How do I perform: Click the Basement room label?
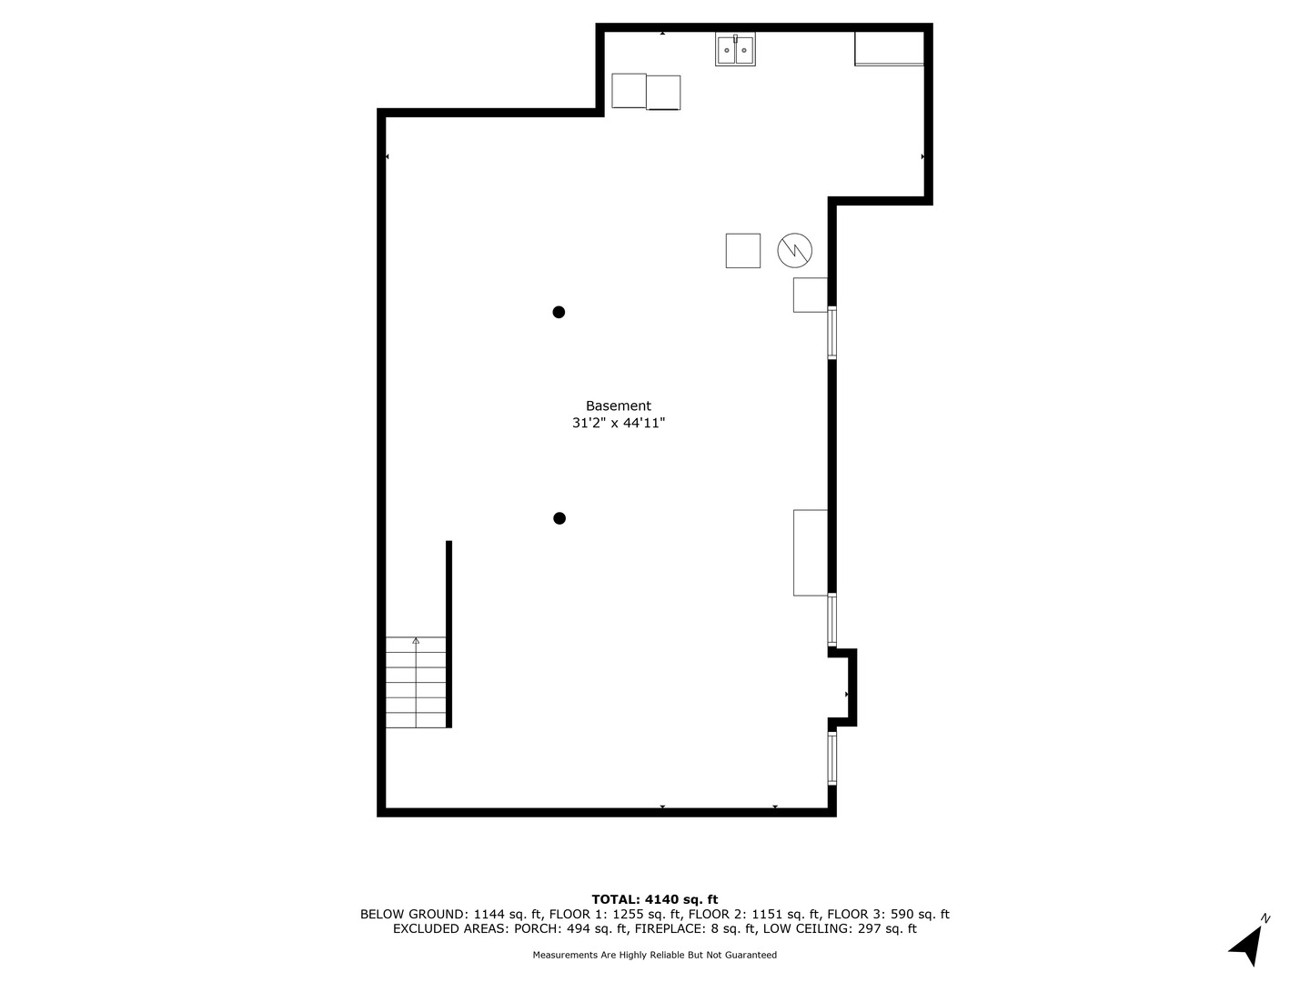coord(618,406)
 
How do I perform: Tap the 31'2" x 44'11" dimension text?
coord(618,423)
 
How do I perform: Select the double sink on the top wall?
coord(735,50)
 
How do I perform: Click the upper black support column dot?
coord(559,312)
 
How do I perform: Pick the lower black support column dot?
coord(559,518)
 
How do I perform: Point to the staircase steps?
coord(417,682)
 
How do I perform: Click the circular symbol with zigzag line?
coord(795,250)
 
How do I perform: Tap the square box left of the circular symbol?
coord(742,251)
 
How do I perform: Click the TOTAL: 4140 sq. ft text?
coord(654,900)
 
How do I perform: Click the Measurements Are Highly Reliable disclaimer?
coord(654,956)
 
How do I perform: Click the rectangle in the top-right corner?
coord(889,48)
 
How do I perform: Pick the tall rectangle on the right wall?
coord(811,553)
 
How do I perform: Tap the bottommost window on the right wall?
coord(831,758)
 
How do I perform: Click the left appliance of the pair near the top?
coord(629,91)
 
